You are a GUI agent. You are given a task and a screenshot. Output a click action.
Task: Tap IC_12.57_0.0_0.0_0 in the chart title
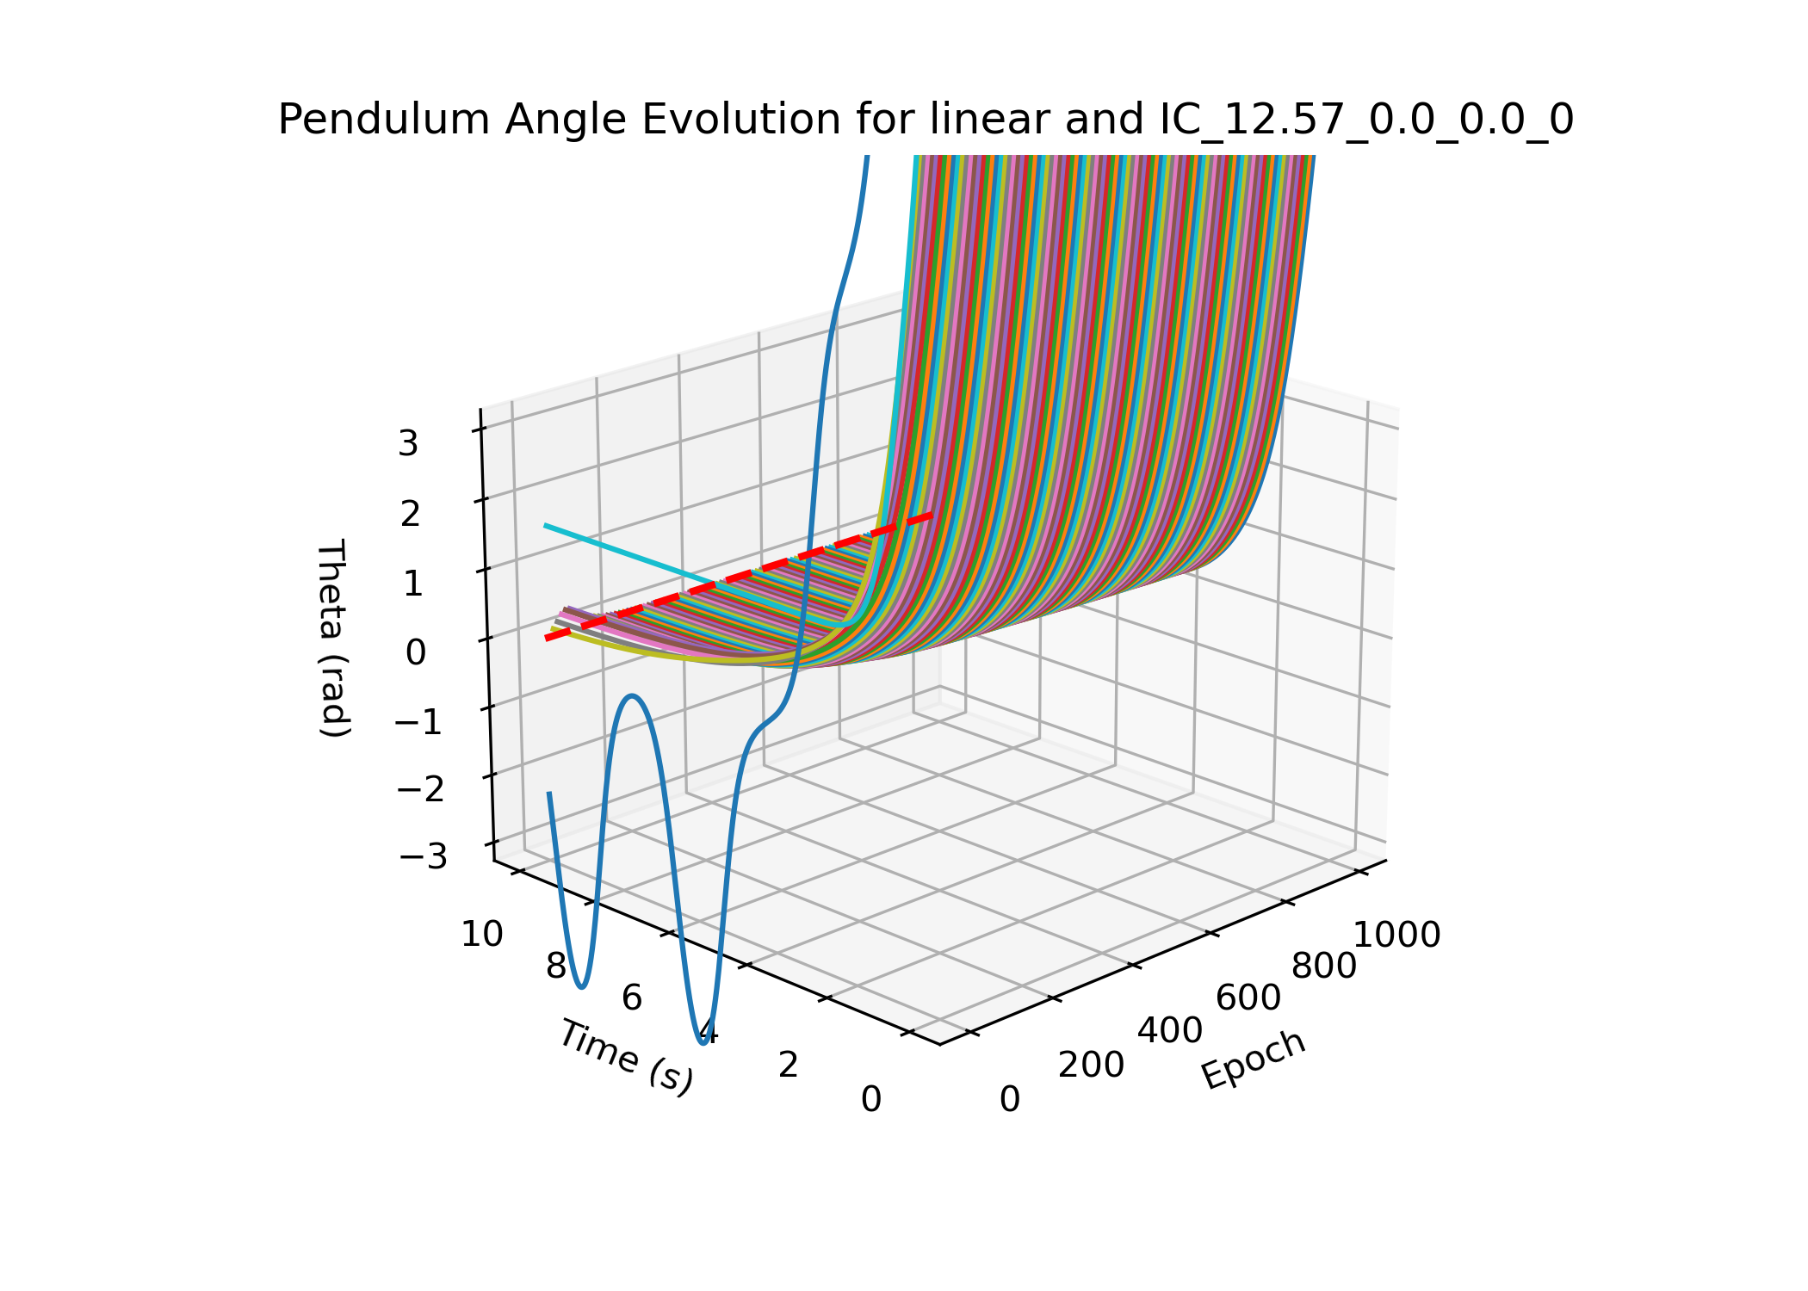pos(1366,120)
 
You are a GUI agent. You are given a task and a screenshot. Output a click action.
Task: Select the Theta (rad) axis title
pos(333,638)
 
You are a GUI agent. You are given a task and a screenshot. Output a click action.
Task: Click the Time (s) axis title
pos(626,1057)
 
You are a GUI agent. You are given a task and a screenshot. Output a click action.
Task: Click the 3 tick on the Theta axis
pos(408,444)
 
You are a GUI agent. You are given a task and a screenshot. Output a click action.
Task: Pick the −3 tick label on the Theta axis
pos(422,857)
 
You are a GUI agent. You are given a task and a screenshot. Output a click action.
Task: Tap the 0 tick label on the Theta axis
pos(415,653)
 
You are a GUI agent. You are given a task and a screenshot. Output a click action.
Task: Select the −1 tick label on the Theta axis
pos(418,722)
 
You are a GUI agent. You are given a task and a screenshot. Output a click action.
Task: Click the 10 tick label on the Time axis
pos(482,935)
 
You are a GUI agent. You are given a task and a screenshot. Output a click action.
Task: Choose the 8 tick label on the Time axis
pos(556,967)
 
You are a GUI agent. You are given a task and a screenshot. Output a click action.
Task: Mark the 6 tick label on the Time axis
pos(632,998)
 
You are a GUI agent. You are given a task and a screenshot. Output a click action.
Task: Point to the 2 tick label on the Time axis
pos(789,1066)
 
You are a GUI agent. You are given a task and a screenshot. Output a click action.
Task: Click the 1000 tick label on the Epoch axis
pos(1397,936)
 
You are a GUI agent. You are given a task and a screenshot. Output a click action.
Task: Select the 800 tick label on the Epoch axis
pos(1324,967)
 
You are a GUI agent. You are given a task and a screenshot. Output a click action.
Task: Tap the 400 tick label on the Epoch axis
pos(1170,1031)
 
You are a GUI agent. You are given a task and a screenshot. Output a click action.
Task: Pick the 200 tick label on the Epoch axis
pos(1091,1066)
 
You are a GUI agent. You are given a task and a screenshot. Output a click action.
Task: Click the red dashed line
pos(740,575)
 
